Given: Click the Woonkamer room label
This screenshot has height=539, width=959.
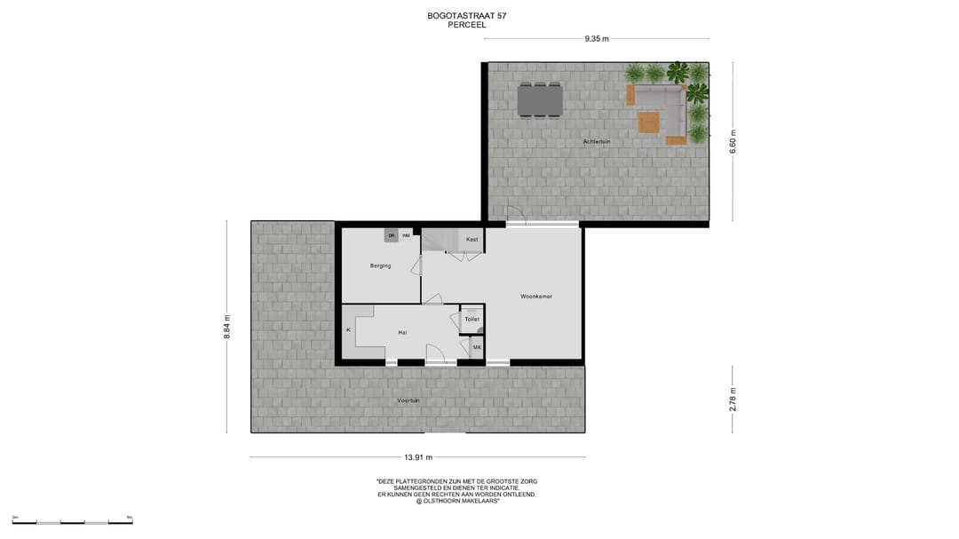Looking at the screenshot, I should click(x=536, y=297).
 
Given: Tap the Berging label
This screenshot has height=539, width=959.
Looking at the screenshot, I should click(x=381, y=266).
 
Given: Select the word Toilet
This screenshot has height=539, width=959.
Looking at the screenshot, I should click(x=472, y=319).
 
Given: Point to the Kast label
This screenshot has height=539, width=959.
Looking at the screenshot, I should click(x=472, y=240).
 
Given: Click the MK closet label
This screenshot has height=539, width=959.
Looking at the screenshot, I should click(x=477, y=347).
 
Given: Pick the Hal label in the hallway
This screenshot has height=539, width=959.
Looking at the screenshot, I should click(x=402, y=332).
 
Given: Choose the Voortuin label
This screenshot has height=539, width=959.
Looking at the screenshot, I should click(x=408, y=400).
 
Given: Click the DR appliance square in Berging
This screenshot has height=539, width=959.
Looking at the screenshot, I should click(x=391, y=235).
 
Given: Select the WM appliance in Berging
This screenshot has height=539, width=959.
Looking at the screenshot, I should click(x=406, y=235).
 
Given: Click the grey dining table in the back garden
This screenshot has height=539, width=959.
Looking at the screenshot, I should click(x=540, y=99).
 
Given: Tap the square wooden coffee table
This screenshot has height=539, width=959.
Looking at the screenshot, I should click(x=649, y=122).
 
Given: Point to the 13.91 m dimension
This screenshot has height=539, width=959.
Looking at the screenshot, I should click(x=418, y=457).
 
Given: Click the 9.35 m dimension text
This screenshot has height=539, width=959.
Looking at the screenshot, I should click(x=597, y=39).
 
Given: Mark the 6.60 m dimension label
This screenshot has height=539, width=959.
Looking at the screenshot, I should click(x=733, y=142).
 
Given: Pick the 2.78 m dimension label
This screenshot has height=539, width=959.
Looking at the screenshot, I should click(x=733, y=400).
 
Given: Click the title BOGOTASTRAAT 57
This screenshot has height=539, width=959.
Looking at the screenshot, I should click(x=467, y=16).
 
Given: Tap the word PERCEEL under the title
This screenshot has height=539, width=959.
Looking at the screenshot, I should click(x=467, y=26).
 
